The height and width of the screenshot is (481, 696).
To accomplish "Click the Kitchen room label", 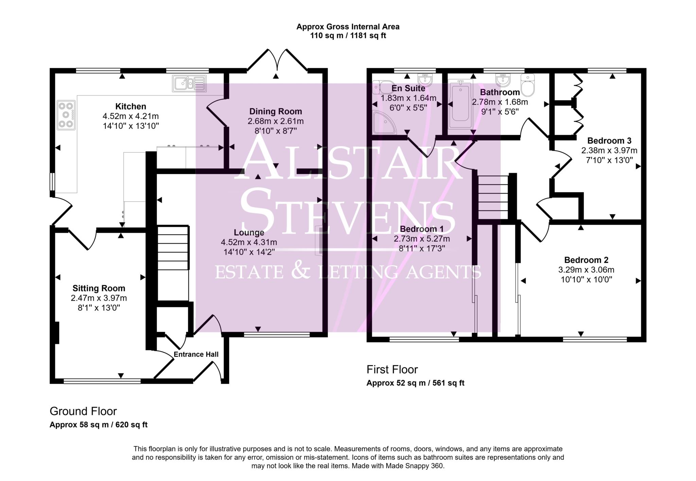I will [130, 106].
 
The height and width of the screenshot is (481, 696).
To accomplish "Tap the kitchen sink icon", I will [189, 84].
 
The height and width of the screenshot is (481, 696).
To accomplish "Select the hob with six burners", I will [66, 115].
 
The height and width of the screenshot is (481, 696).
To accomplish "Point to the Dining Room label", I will [275, 111].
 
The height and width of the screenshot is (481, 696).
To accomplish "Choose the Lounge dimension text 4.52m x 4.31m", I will [249, 242].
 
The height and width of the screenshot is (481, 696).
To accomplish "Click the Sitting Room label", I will [99, 288].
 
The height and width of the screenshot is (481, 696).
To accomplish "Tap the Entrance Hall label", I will [196, 354].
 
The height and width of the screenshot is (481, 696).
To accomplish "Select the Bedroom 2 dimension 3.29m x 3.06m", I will [586, 270].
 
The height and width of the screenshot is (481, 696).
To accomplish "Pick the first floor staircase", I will [493, 197].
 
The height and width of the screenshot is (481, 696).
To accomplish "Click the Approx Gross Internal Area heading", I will [348, 27].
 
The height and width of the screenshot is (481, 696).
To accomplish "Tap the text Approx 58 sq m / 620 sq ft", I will [99, 425].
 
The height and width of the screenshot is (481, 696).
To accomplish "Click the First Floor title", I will [392, 369].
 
